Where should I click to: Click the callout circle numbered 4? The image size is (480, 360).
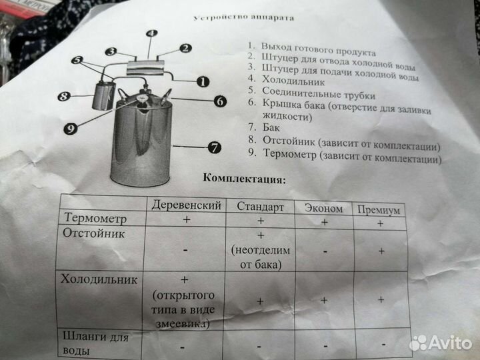(151, 33)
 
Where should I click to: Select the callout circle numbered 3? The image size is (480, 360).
(111, 51)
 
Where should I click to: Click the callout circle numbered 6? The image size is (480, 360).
(221, 102)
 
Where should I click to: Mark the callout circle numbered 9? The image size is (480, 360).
(69, 127)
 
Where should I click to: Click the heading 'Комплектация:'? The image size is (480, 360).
(245, 179)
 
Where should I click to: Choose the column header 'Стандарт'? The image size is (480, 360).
(261, 206)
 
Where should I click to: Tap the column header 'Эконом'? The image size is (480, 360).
(324, 208)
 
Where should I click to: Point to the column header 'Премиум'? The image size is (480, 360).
(379, 210)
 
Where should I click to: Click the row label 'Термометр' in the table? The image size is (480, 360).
(94, 218)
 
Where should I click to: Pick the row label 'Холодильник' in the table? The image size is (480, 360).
(99, 279)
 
